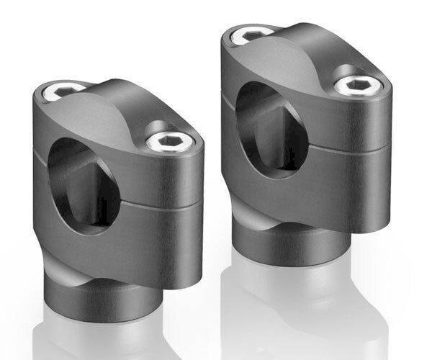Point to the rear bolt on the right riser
[x=253, y=33]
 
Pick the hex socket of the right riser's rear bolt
[x=253, y=33]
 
